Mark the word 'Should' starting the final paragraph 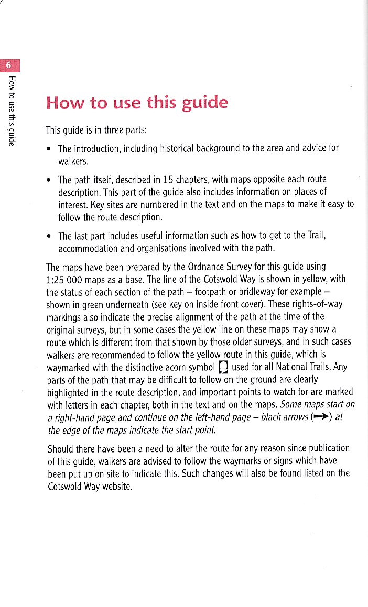click(61, 449)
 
